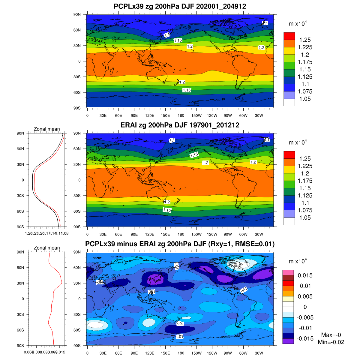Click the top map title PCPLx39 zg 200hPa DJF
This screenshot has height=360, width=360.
(180, 6)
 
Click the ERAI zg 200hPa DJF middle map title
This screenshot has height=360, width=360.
(180, 125)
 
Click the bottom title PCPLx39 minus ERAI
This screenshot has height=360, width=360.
(180, 244)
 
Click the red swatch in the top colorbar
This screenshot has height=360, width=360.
(289, 36)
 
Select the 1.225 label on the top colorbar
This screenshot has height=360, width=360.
(305, 47)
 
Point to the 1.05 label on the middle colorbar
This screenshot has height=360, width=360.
(305, 218)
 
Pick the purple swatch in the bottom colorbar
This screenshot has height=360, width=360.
(288, 341)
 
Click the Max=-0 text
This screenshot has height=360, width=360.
(331, 335)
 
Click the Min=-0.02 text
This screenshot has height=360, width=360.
(331, 342)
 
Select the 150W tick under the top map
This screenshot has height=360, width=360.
(196, 115)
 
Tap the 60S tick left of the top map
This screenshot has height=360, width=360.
(77, 92)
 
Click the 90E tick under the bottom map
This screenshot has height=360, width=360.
(134, 353)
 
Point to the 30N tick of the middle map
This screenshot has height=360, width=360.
(77, 164)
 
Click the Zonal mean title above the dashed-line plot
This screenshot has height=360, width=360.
(47, 129)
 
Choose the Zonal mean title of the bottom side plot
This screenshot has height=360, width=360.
(47, 248)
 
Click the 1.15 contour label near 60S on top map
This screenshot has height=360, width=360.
(187, 90)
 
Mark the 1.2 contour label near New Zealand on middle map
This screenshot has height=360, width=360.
(166, 202)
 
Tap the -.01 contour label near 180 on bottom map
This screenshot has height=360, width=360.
(180, 324)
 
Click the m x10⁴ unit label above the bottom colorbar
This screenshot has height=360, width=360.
(298, 261)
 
